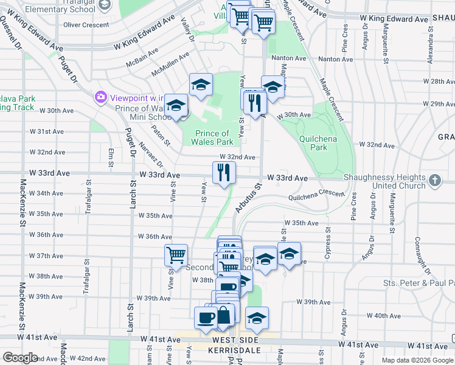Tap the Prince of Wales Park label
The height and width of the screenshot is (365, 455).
[x=214, y=137]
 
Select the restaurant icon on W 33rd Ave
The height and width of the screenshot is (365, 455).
[x=224, y=173]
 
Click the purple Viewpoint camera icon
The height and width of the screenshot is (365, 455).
[x=100, y=97]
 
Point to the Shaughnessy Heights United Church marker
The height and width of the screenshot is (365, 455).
[x=434, y=180]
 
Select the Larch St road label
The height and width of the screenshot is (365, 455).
[x=131, y=194]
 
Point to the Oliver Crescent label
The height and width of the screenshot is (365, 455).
[x=86, y=25]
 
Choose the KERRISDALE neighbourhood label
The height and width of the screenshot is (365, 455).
[x=232, y=350]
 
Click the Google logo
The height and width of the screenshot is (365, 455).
[x=20, y=358]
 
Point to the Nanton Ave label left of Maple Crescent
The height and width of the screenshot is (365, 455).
[x=289, y=58]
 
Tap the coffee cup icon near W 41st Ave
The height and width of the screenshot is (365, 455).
[x=205, y=317]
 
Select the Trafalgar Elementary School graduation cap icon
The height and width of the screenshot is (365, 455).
[x=105, y=5]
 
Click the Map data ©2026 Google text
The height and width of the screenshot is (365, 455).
[x=417, y=360]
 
